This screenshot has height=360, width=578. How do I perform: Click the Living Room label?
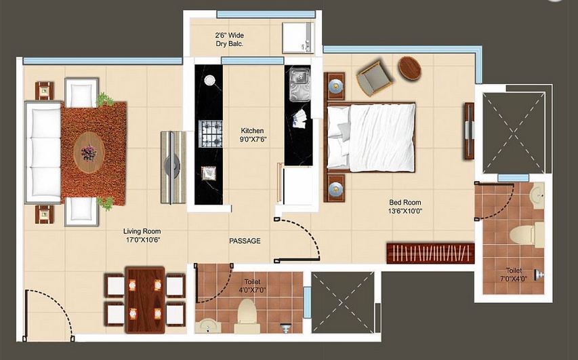(142, 236)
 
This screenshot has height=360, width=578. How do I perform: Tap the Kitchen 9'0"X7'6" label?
(253, 135)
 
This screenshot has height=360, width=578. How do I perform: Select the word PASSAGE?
(245, 241)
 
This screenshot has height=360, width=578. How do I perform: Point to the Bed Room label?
(405, 207)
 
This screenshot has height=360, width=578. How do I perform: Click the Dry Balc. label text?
(230, 43)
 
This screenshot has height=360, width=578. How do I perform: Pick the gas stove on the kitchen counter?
(211, 134)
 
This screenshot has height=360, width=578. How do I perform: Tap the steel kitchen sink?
(300, 84)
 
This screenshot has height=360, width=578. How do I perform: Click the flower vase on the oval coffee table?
(89, 153)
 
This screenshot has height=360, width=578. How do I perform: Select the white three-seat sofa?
(43, 152)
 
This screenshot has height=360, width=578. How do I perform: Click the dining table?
(145, 300)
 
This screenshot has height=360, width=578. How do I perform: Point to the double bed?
(371, 138)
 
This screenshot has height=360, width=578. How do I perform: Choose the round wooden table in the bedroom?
(409, 68)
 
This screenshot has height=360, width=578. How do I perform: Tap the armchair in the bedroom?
(374, 79)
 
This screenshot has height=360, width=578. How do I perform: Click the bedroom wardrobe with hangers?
(430, 253)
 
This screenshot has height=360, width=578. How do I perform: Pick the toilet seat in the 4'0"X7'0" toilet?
(246, 315)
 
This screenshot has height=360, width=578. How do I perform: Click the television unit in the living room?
(173, 167)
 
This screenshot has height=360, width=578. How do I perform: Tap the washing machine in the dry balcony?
(298, 37)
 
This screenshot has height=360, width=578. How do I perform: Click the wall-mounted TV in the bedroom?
(469, 131)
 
